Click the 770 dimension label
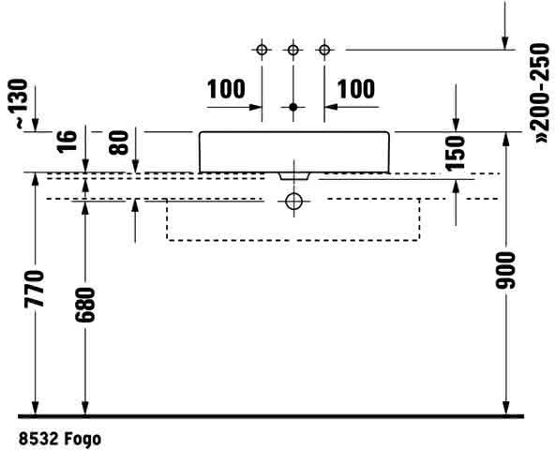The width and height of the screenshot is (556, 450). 35,289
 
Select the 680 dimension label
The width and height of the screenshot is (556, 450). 85,305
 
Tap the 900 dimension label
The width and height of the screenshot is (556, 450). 505,270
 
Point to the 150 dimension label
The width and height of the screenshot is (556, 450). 456,153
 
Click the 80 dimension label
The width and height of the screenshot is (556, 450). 118,142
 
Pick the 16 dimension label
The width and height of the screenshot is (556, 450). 67,142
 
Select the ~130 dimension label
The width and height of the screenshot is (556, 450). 18,103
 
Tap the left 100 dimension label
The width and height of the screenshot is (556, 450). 226,89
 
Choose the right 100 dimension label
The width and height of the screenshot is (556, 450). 355,89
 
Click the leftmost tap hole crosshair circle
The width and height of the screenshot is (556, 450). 262,50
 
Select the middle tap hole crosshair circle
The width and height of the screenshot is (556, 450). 293,50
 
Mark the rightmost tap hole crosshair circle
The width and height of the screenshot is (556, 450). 324,50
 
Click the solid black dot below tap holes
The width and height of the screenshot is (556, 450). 293,107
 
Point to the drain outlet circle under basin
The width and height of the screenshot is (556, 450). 293,202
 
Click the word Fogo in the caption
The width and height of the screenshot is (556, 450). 83,439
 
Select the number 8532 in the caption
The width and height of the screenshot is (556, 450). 38,439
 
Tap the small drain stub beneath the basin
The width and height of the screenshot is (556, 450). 294,176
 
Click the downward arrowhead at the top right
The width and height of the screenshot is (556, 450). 505,42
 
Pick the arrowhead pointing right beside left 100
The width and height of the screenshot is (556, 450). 255,107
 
